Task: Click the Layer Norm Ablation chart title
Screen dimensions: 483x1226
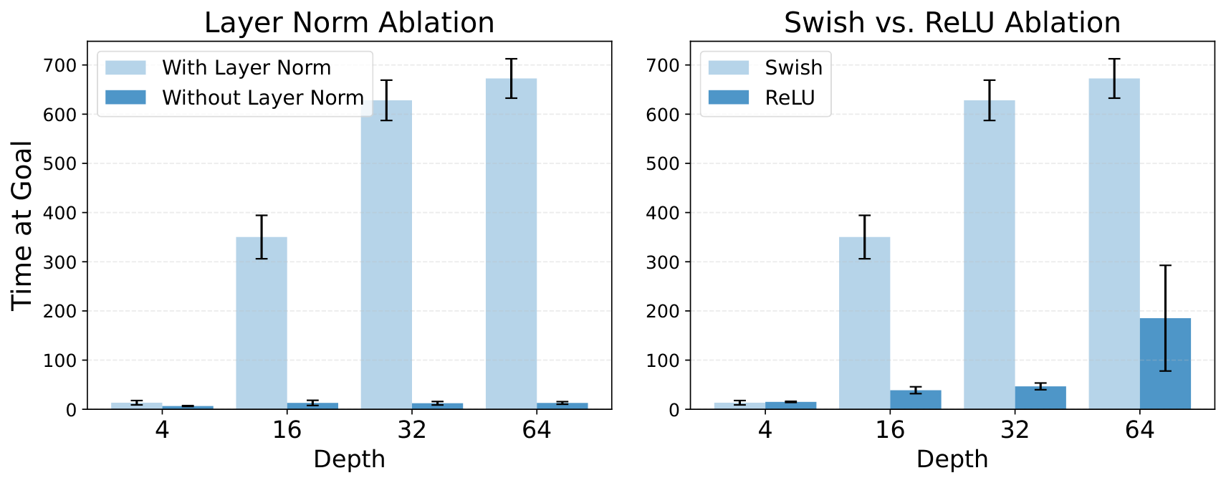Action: pos(349,23)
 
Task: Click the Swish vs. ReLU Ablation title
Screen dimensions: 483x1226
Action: pos(952,23)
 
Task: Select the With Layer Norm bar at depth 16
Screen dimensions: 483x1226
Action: pos(262,322)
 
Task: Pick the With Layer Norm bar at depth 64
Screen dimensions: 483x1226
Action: pos(511,244)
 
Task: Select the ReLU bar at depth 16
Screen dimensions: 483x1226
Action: pos(916,400)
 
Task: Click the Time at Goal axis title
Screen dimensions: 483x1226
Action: pos(22,225)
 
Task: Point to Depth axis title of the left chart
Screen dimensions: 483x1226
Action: pos(349,459)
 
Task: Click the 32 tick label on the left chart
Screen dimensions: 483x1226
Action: pos(411,430)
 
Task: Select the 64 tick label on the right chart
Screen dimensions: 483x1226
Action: pos(1139,430)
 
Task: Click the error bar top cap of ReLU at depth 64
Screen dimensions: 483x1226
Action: pos(1165,266)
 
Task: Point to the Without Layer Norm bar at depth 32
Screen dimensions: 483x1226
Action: pos(437,406)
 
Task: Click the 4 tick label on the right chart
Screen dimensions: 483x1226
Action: pos(765,430)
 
